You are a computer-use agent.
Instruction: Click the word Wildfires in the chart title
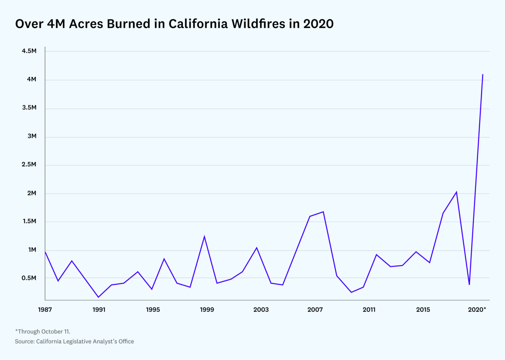258,24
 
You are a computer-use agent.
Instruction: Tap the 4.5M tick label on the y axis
29,51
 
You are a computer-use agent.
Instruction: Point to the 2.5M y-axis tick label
29,165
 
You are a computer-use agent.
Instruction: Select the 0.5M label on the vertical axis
29,278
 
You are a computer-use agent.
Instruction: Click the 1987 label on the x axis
45,310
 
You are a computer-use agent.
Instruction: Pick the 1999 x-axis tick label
207,310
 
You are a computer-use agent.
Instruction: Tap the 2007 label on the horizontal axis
315,310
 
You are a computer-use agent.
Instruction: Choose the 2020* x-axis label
477,310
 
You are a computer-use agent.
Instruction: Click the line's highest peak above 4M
483,75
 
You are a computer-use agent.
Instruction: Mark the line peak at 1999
204,236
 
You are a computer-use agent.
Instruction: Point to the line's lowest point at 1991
98,297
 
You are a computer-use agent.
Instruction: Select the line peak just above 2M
456,192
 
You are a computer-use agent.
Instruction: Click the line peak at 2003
257,248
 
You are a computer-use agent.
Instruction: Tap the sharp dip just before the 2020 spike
469,284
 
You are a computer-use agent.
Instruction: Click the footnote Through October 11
43,331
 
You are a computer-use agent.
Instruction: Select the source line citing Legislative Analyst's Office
74,342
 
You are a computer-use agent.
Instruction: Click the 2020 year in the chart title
318,24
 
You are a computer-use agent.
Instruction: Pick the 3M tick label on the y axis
32,136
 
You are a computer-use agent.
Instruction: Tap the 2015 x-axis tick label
423,310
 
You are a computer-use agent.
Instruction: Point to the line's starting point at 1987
45,252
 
